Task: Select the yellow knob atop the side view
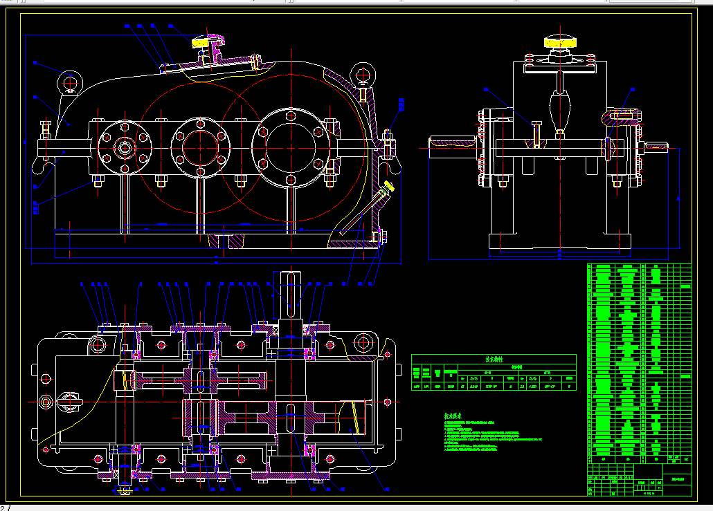pos(559,41)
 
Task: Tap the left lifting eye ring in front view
pos(71,81)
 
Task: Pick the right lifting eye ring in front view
pos(363,73)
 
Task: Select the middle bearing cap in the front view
pos(201,147)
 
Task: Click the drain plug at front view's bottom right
pos(381,236)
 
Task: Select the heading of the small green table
pos(493,360)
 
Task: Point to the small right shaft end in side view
pos(658,145)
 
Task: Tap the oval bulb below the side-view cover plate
pos(559,108)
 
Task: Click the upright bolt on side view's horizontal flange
pos(536,133)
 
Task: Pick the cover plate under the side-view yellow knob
pos(559,66)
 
